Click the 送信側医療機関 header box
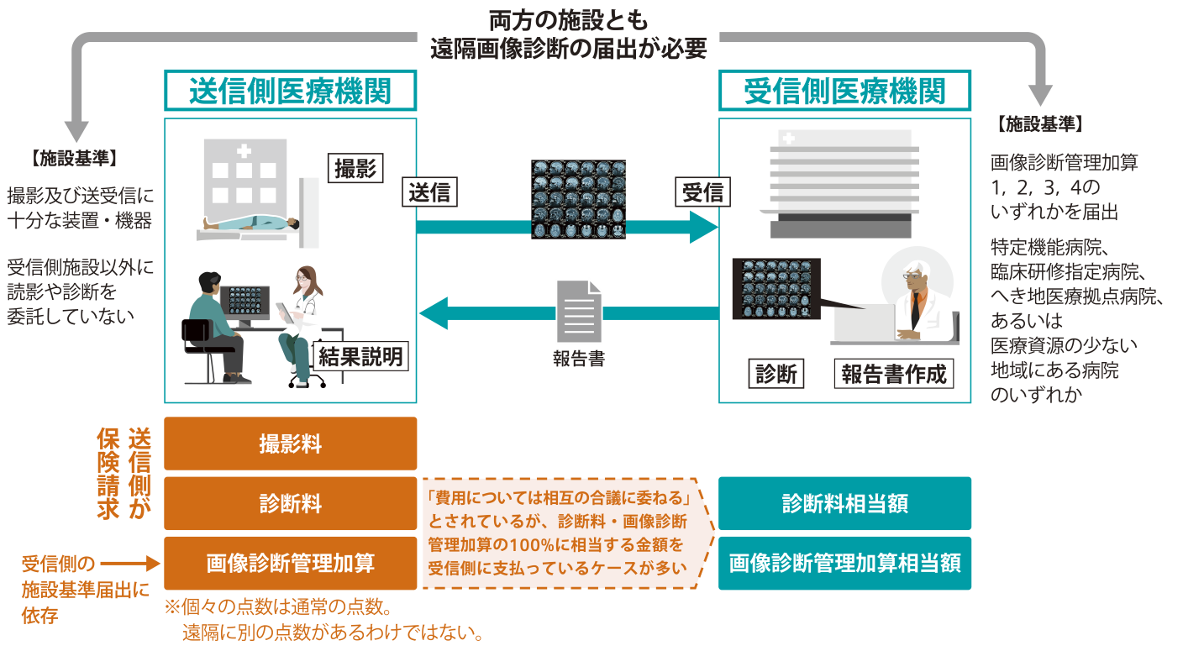(290, 91)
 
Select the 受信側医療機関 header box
(844, 91)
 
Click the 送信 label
(429, 192)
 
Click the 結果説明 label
(360, 356)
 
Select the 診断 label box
(776, 374)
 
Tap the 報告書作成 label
(894, 374)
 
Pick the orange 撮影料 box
(290, 444)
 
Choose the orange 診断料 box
(290, 503)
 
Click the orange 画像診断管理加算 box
(290, 563)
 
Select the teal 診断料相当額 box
(844, 503)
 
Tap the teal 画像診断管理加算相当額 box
(844, 563)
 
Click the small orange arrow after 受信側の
(130, 563)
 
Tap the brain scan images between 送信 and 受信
(579, 198)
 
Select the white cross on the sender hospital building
(244, 151)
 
